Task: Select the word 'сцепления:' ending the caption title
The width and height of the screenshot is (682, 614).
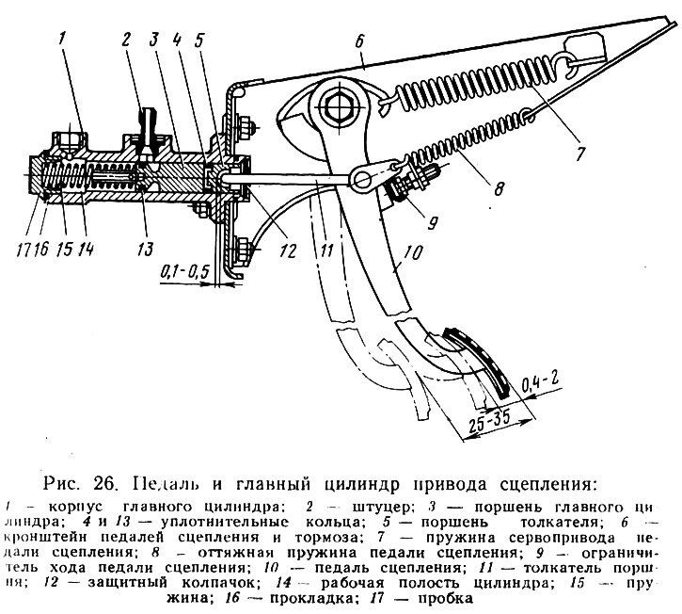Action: point(544,485)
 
